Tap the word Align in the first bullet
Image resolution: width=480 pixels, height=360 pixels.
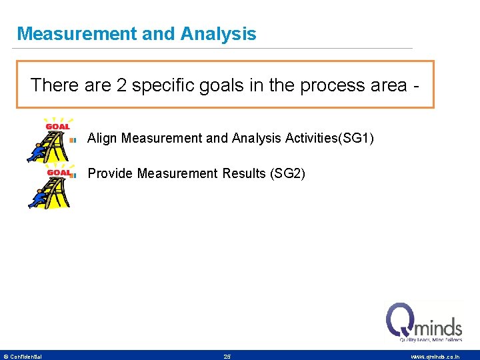[103, 138]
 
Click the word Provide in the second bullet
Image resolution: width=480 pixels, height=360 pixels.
[110, 173]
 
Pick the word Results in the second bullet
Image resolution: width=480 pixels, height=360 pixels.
[243, 173]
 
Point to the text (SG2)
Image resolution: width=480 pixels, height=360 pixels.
[287, 173]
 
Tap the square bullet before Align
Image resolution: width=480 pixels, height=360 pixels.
[75, 139]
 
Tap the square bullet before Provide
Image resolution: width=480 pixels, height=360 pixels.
[75, 175]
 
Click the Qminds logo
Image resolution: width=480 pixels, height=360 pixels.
[424, 323]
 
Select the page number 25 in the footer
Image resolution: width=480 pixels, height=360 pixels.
[227, 357]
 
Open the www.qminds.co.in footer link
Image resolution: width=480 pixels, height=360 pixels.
[435, 357]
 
